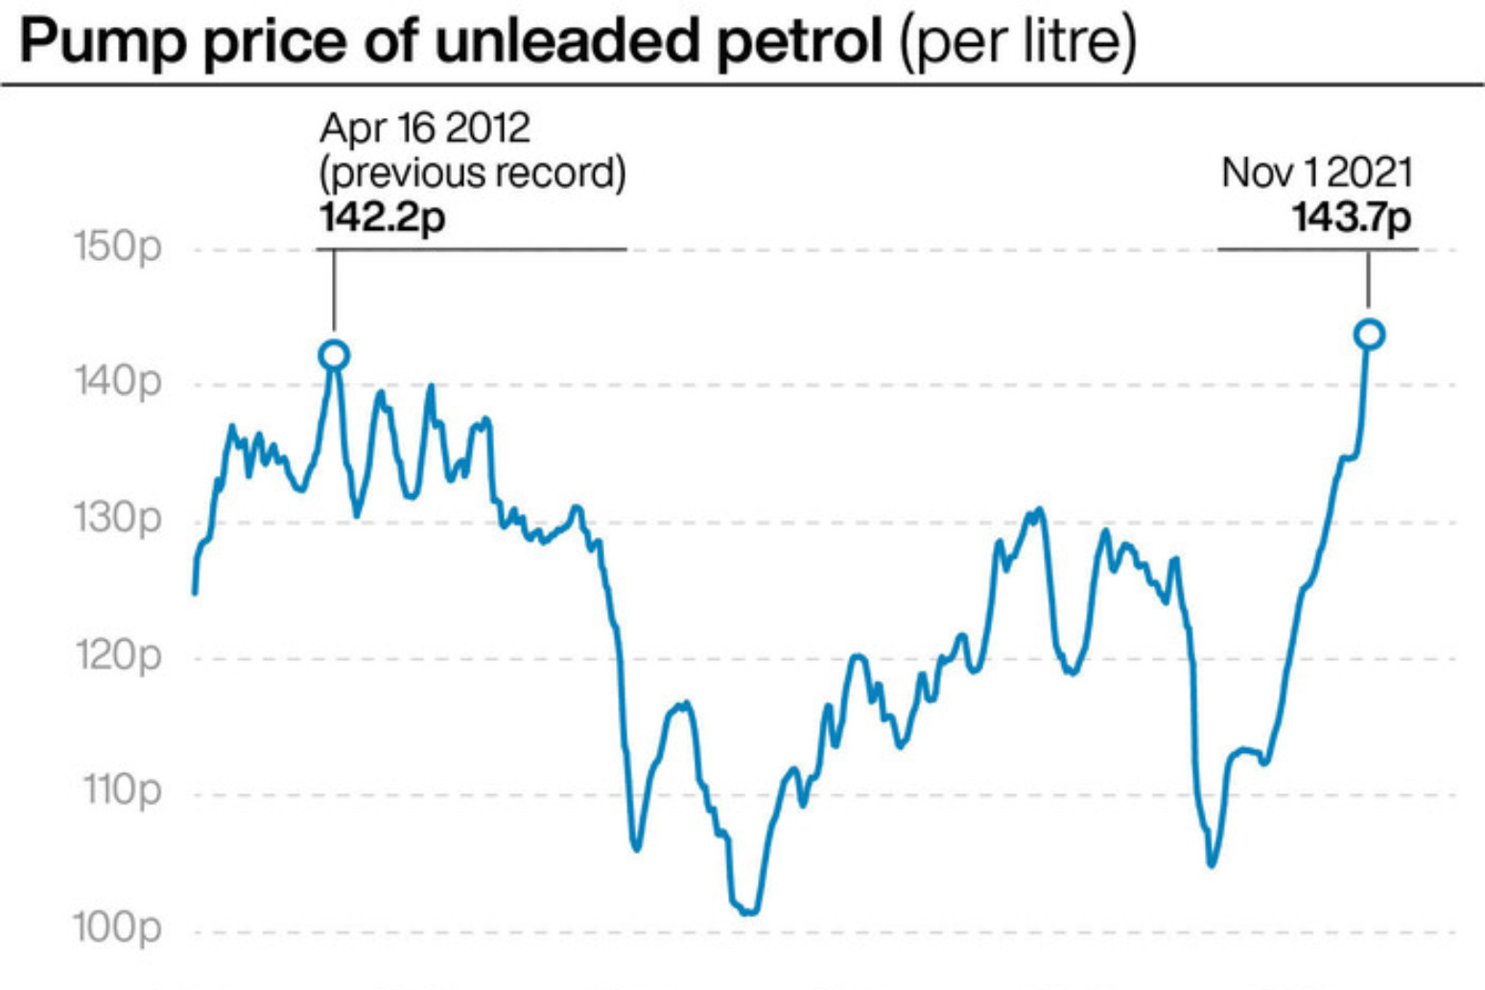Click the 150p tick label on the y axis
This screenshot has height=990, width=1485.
(x=118, y=247)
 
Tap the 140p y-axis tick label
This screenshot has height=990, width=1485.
(x=118, y=383)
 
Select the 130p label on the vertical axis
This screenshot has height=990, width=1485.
(x=118, y=519)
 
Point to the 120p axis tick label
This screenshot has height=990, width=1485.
(x=118, y=657)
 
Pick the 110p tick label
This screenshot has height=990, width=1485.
(x=122, y=791)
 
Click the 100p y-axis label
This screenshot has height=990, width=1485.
(x=118, y=929)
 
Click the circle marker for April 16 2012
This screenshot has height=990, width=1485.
(x=334, y=355)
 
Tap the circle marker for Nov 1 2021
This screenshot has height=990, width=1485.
(x=1370, y=334)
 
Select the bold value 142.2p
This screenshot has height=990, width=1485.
(x=383, y=218)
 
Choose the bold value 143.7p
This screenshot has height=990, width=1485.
(x=1352, y=218)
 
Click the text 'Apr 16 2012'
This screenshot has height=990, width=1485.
(x=424, y=128)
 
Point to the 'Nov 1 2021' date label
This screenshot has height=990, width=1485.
(x=1316, y=174)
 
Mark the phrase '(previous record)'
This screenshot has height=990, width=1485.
(x=472, y=174)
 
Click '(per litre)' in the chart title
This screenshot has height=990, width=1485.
(x=1018, y=42)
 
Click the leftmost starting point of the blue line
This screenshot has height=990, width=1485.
(x=195, y=593)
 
